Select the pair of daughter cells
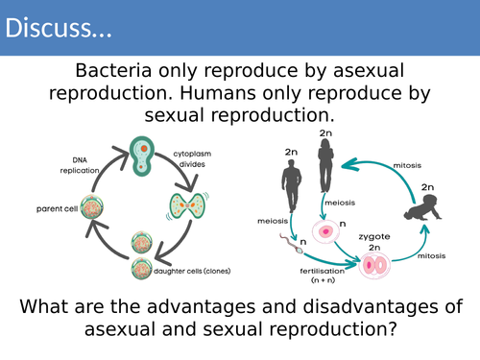click(140, 264)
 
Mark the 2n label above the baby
click(427, 188)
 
